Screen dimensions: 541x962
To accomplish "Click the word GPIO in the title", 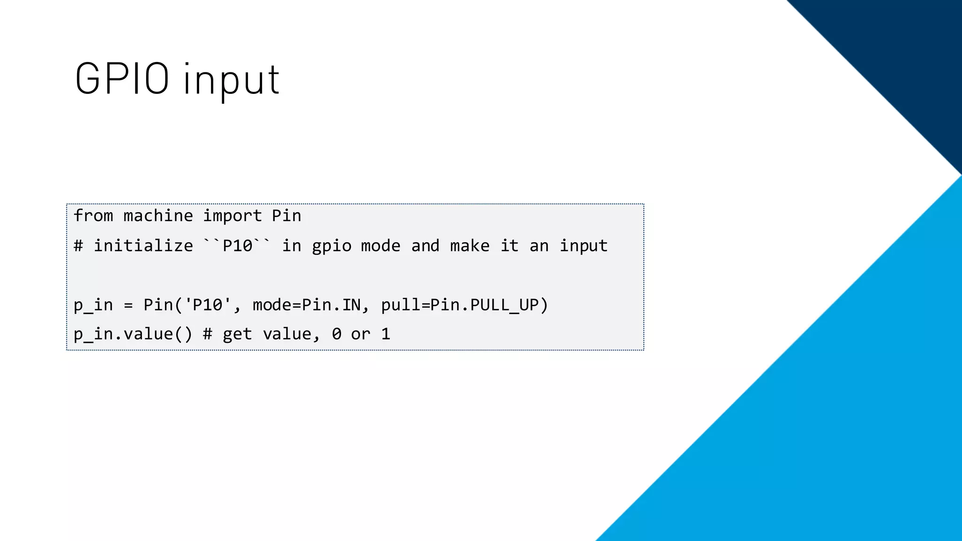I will [x=122, y=79].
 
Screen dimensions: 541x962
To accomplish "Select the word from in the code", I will [x=93, y=216].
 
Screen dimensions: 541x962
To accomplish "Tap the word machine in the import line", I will [x=158, y=216].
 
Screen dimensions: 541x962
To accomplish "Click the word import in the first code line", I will [x=232, y=216].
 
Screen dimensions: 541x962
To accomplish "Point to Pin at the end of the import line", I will [x=287, y=216].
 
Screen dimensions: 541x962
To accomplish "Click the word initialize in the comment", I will [x=143, y=246].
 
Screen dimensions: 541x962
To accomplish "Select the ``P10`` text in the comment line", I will [x=237, y=245].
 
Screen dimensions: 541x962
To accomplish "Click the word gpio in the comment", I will [x=332, y=246].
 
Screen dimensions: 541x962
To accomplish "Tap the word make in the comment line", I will [x=469, y=246].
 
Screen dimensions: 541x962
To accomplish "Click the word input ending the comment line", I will [x=583, y=246].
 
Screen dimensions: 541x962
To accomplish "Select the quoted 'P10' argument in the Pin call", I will [x=207, y=305].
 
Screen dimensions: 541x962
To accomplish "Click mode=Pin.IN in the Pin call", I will [x=306, y=305].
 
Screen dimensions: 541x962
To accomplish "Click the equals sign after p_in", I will [x=128, y=306].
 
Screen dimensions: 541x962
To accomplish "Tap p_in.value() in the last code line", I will [x=133, y=334].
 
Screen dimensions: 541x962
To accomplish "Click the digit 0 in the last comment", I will [x=336, y=334].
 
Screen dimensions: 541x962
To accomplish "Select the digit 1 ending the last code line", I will [x=386, y=334].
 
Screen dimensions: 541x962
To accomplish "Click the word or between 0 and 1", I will [x=360, y=334].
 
